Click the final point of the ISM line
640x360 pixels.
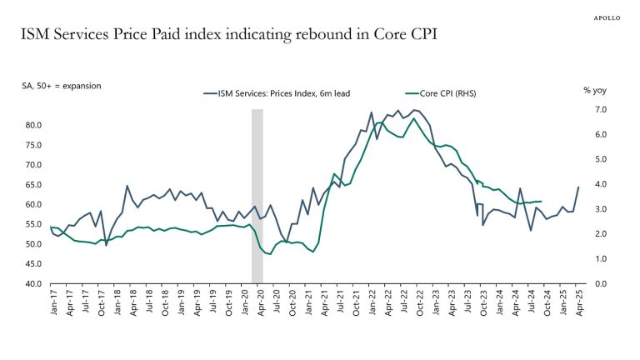(x=578, y=187)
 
